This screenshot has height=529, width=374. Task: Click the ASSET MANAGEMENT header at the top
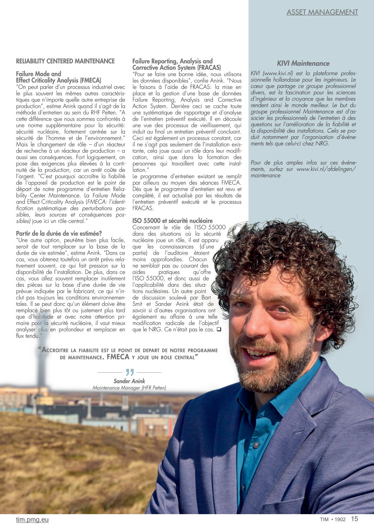pos(322,12)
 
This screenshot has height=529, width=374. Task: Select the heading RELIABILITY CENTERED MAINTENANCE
pos(65,61)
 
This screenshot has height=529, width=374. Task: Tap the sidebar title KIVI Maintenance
pos(303,64)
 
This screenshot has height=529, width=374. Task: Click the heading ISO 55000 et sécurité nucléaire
pos(173,221)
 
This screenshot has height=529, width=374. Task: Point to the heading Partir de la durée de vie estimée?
pos(59,233)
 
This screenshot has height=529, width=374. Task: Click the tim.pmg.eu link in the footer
pos(32,519)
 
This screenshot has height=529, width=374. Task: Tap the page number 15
pos(354,519)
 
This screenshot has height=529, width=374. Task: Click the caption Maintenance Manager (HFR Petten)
pos(129,388)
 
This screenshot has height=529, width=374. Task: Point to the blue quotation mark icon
pos(130,372)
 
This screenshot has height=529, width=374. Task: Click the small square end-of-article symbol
pos(219,330)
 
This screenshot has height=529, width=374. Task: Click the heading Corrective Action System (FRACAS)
pos(177,68)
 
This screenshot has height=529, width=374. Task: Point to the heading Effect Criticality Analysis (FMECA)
pos(59,80)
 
